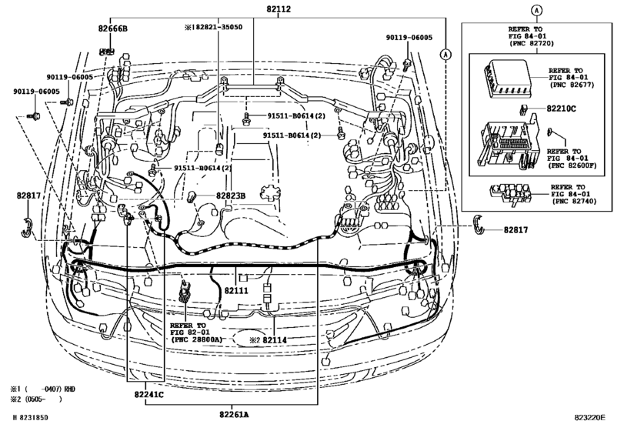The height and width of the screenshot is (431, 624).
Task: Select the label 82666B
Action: click(113, 28)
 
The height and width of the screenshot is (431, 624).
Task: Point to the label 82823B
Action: click(230, 196)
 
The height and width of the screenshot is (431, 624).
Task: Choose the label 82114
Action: click(274, 339)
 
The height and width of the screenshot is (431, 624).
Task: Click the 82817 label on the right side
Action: click(519, 229)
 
